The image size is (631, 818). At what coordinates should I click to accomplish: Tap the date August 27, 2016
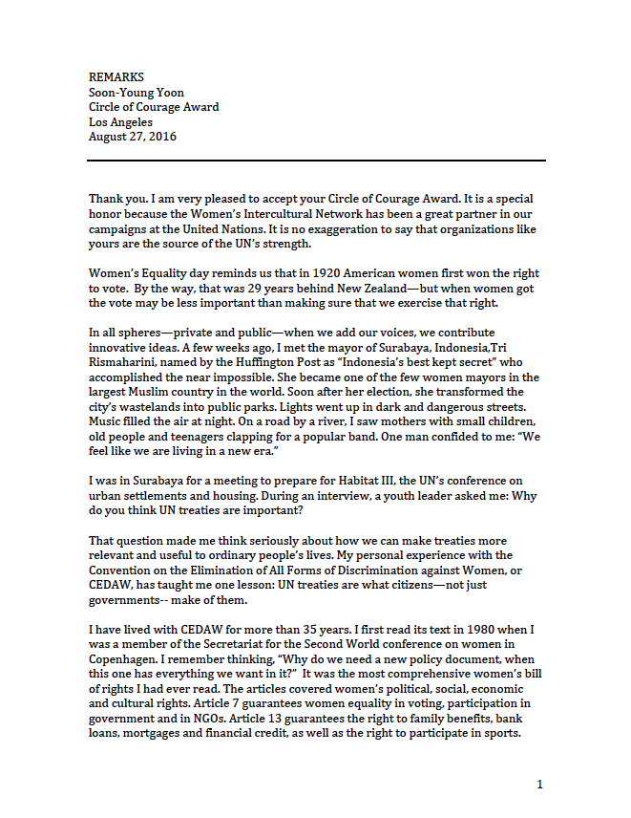click(133, 137)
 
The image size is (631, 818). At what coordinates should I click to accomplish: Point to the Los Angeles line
click(120, 122)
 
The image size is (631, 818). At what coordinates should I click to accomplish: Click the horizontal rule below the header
click(317, 161)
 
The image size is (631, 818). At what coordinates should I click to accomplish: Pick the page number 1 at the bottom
click(539, 785)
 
